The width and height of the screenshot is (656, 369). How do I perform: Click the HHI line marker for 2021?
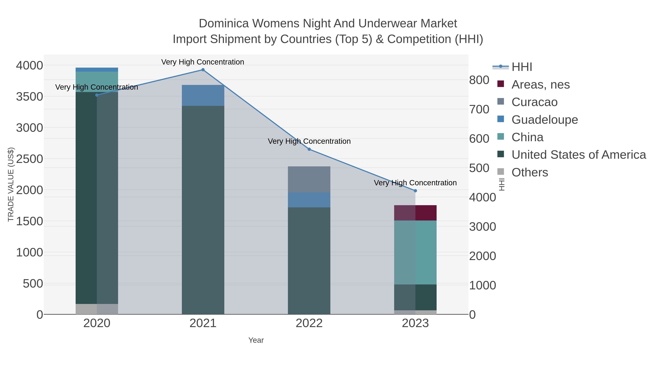(203, 70)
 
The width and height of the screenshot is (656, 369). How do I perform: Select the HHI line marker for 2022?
(309, 149)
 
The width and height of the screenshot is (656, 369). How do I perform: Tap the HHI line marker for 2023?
(415, 191)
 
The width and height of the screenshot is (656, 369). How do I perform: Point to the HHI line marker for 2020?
(97, 95)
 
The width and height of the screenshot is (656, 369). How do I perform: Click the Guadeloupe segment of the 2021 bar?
(203, 95)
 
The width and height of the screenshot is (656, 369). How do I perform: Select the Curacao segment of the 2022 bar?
(309, 179)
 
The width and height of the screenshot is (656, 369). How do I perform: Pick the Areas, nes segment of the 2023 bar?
(415, 213)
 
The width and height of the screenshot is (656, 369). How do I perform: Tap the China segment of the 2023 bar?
(415, 252)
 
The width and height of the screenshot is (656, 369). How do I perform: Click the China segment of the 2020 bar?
(97, 82)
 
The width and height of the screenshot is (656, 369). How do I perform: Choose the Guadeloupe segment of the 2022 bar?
(309, 200)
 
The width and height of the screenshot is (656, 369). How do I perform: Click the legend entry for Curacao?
(534, 102)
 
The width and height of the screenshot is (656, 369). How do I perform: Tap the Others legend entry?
(530, 172)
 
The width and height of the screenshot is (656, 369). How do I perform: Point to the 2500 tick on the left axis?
(30, 159)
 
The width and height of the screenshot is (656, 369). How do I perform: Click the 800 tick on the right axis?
(479, 80)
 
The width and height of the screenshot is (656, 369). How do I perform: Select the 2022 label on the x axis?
(309, 323)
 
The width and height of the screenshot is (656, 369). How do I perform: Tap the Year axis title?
(256, 340)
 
